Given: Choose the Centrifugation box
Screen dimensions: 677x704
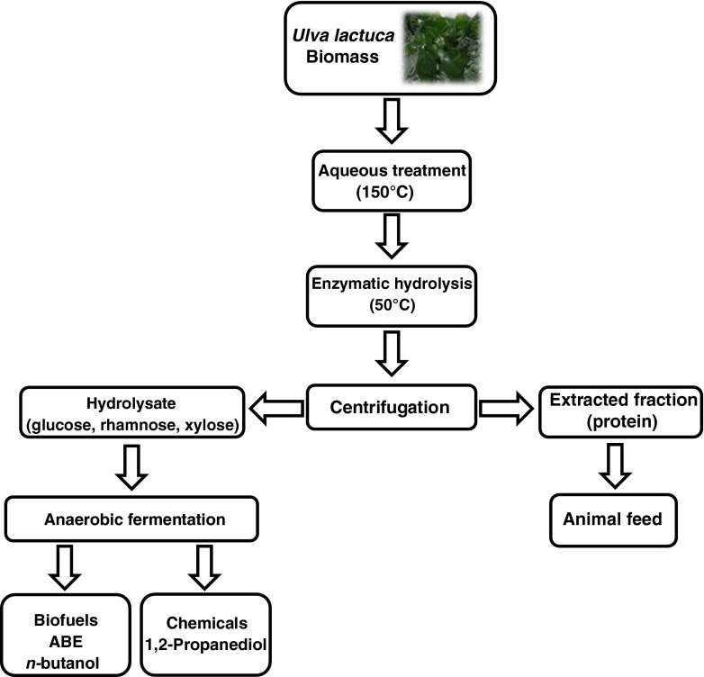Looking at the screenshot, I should click(389, 408).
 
